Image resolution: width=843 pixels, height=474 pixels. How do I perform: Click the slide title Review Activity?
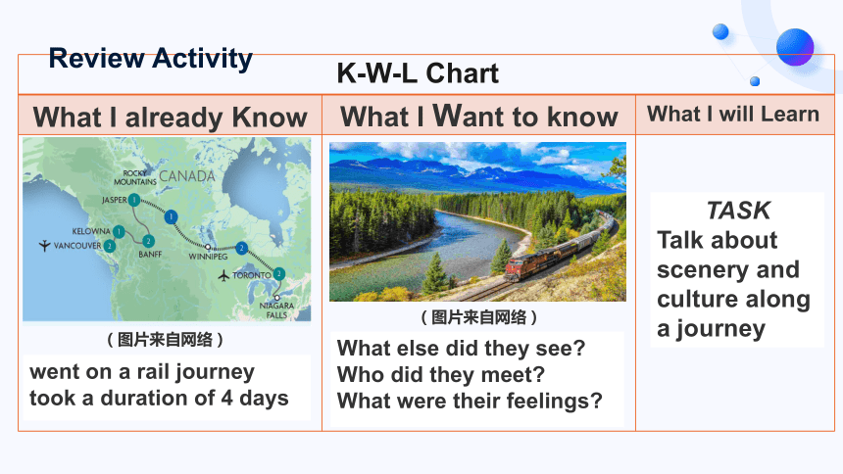tap(151, 59)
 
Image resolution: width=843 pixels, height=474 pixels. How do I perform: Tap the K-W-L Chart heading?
tap(418, 73)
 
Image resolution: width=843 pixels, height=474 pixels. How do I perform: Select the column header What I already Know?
tap(170, 118)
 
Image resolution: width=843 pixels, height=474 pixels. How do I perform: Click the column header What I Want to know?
tap(479, 116)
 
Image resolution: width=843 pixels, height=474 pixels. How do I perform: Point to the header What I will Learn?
tap(733, 114)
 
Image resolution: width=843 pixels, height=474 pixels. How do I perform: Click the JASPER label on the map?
tap(115, 200)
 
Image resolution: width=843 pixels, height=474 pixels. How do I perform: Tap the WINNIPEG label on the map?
tap(208, 257)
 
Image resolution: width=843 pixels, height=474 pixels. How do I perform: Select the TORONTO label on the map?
tap(252, 275)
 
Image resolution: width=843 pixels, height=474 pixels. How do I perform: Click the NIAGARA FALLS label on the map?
tap(276, 310)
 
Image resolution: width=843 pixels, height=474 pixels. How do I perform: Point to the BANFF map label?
tap(150, 255)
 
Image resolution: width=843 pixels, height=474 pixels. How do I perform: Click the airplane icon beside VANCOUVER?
tap(45, 246)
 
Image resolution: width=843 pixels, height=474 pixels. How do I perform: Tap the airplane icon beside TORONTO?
tap(223, 276)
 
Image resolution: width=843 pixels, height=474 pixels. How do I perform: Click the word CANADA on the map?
tap(187, 176)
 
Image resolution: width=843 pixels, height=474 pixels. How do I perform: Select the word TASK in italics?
tap(738, 211)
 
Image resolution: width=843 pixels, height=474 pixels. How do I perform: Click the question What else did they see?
tap(461, 349)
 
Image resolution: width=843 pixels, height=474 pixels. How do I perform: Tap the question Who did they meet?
tap(441, 374)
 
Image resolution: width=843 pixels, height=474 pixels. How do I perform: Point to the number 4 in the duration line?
tap(227, 399)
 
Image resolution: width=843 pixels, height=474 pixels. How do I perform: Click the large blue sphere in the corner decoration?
tap(795, 47)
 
